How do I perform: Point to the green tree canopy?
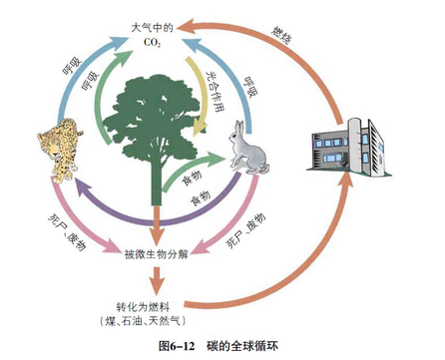156,120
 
